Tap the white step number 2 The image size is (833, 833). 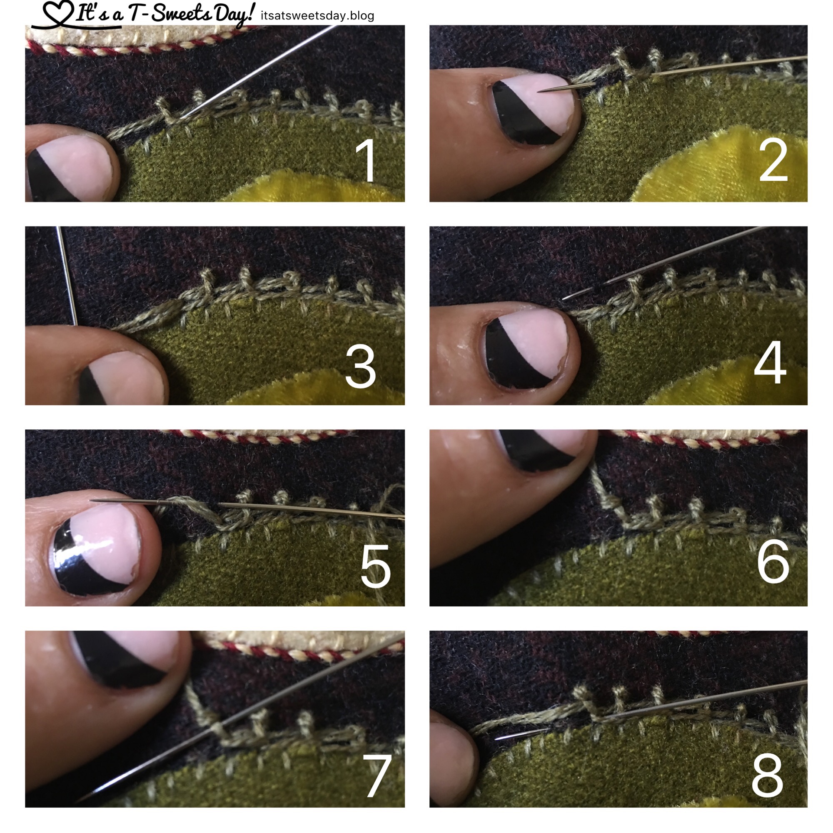[773, 161]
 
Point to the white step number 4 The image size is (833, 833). [770, 362]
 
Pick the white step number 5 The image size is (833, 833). [375, 566]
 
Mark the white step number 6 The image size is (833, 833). [773, 562]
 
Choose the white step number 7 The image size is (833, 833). [377, 776]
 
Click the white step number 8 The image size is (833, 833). [767, 774]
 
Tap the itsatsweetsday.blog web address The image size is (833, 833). [317, 16]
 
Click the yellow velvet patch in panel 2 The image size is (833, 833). [724, 166]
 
